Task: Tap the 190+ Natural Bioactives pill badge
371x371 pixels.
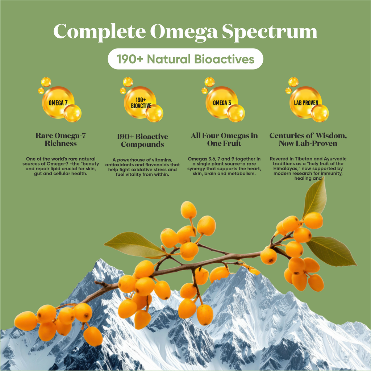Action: (x=185, y=59)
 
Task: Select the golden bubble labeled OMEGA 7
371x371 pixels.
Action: (x=58, y=103)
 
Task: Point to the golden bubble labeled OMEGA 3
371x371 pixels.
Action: (x=222, y=103)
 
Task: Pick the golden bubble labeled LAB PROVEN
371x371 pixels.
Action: (x=306, y=103)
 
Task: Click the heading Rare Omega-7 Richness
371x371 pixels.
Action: (x=61, y=139)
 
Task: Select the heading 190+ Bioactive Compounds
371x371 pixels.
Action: (x=142, y=141)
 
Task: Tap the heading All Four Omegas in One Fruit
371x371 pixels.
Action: (x=224, y=139)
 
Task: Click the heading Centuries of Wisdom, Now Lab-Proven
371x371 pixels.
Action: (x=308, y=139)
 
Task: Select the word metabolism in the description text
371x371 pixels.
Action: (x=240, y=174)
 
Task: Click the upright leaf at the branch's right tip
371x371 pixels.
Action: (x=316, y=199)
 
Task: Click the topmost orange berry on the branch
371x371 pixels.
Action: (x=188, y=210)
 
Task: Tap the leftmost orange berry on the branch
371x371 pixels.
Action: (x=26, y=321)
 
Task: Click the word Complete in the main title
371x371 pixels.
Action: (x=99, y=32)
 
